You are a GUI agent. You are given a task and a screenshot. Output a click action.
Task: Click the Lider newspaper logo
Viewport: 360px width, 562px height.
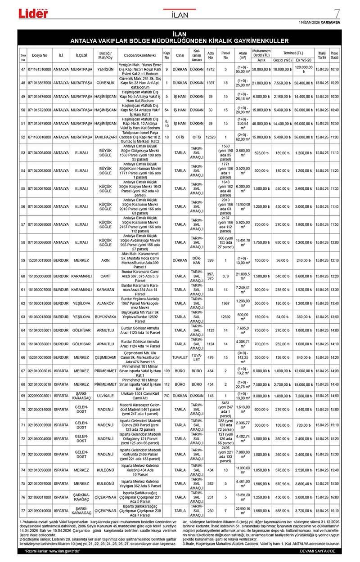coord(33,13)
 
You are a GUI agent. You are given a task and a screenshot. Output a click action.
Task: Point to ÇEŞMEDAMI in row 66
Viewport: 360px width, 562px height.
coord(105,357)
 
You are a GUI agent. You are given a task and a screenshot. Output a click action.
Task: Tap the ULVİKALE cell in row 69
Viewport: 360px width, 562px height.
coord(105,396)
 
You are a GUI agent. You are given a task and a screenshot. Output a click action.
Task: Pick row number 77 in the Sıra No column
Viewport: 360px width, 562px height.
coord(23,511)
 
